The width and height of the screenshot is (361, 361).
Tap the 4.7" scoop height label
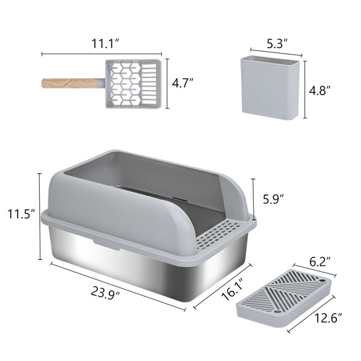[x=183, y=84]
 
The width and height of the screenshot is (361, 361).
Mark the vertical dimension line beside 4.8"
[x=306, y=90]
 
